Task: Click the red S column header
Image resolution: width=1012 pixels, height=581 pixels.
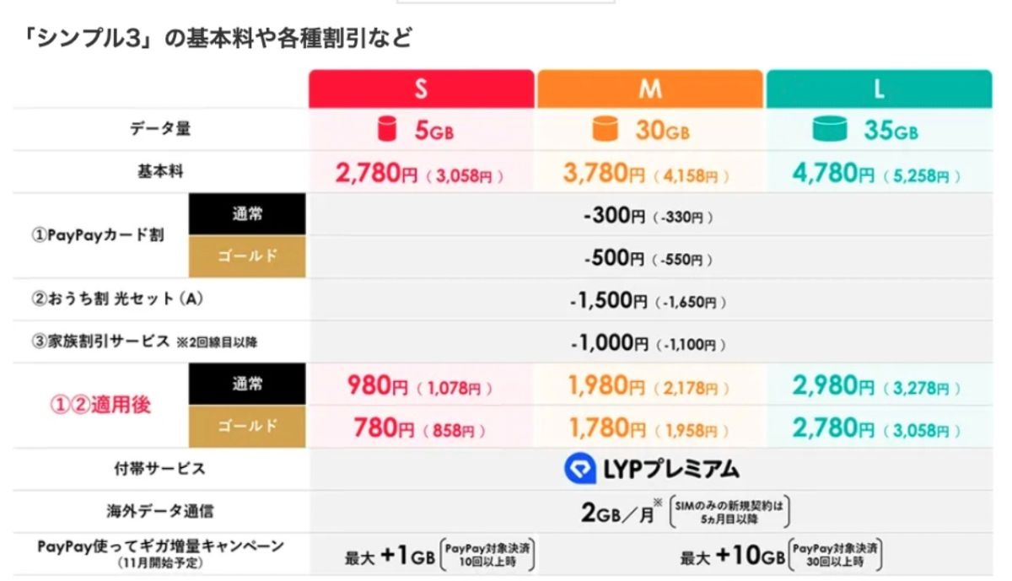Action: (x=421, y=89)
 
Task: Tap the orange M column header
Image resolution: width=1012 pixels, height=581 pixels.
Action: (x=649, y=89)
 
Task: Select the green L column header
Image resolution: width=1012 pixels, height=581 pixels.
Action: (x=879, y=89)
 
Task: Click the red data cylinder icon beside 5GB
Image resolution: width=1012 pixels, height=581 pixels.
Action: (x=386, y=130)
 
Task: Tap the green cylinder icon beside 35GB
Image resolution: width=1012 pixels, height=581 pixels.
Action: (x=831, y=130)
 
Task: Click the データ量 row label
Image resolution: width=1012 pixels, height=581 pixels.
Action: (x=160, y=129)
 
